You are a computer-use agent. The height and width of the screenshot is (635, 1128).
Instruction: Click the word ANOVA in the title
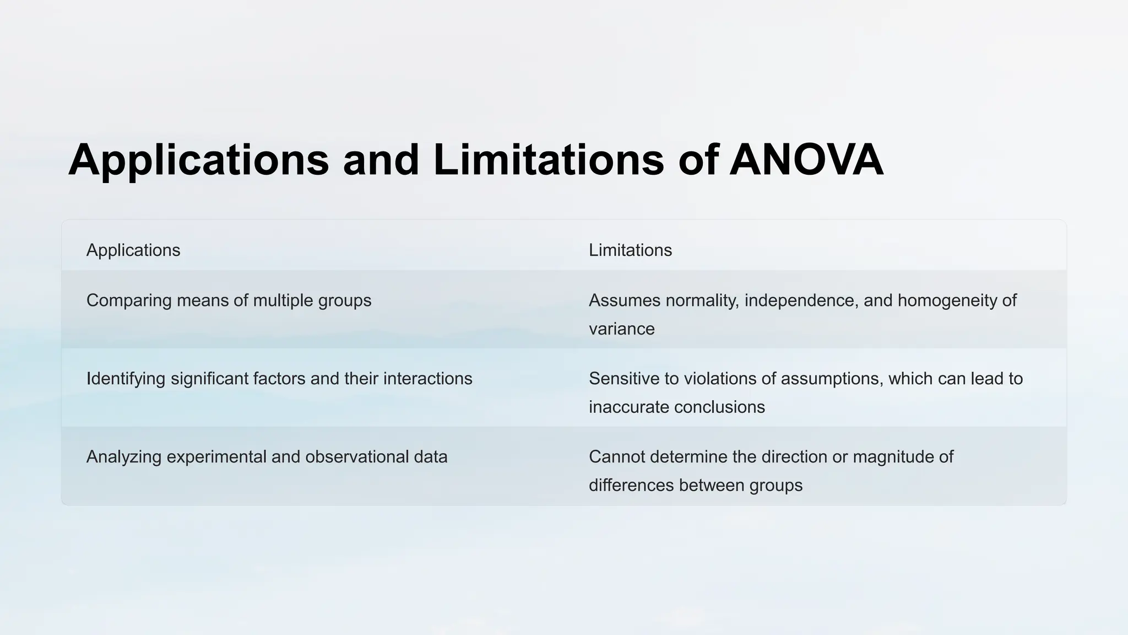click(806, 160)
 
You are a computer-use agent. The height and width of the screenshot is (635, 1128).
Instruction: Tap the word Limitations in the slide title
click(549, 160)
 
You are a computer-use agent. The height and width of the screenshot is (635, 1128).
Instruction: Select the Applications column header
click(133, 250)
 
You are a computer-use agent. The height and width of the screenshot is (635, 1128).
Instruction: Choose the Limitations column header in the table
click(630, 250)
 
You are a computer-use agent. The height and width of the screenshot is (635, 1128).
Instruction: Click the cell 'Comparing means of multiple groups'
click(229, 300)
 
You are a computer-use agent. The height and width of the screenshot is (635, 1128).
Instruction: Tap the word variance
click(621, 329)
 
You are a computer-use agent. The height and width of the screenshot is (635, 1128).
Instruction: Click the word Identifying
click(126, 379)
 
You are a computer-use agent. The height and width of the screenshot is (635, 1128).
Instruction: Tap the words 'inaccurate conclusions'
click(676, 407)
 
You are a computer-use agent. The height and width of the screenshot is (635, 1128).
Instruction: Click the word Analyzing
click(123, 457)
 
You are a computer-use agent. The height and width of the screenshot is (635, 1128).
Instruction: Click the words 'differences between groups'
click(695, 486)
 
